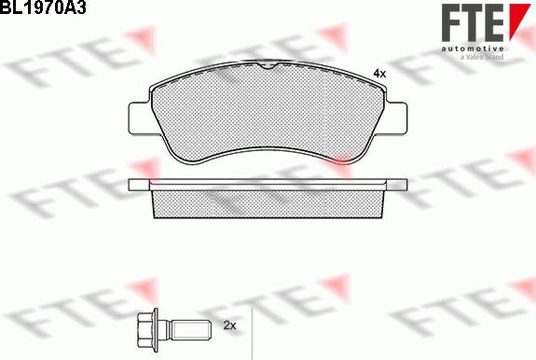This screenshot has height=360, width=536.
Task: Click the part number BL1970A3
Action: click(42, 7)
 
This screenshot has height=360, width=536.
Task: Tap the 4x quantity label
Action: click(379, 73)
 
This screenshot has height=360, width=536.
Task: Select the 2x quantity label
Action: click(229, 325)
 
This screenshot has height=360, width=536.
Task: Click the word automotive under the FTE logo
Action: click(473, 48)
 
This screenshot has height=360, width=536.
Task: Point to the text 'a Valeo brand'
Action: click(482, 57)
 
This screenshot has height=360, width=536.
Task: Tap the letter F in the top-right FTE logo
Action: click(451, 23)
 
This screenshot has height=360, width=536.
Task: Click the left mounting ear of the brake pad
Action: click(140, 118)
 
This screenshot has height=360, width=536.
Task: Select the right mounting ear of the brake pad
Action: click(396, 118)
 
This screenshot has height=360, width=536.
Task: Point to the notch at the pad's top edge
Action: click(268, 65)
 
